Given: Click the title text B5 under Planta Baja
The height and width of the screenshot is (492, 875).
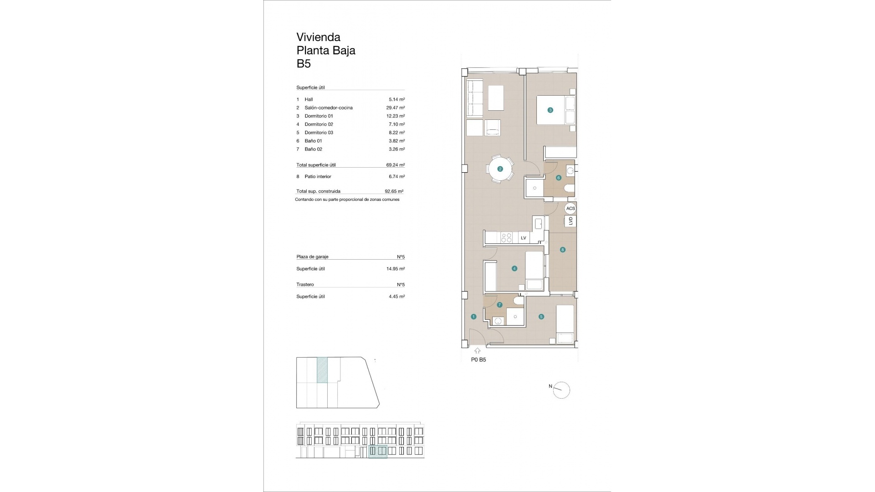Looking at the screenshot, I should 304,64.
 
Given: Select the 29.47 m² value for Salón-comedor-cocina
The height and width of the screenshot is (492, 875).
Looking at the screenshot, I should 395,108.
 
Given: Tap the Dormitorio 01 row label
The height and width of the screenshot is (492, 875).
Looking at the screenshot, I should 319,116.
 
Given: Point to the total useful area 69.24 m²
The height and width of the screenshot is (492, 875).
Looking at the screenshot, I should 395,165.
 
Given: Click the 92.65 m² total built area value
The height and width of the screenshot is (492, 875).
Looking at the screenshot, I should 394,192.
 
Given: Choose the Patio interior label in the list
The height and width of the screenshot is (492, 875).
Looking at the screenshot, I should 318,177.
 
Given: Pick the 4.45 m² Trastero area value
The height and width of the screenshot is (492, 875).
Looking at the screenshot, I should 396,297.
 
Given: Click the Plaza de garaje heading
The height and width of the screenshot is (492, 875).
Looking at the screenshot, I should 312,257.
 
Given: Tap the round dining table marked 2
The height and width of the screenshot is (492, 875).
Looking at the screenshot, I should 500,169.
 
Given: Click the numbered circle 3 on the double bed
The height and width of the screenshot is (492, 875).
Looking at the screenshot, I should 550,110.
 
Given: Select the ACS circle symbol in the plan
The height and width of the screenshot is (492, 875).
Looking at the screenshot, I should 570,209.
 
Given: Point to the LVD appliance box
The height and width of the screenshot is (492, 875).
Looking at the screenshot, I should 570,221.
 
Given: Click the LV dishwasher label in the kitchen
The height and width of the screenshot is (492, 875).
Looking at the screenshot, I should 523,238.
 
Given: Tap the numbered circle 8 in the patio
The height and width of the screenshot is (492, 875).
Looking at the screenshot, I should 563,250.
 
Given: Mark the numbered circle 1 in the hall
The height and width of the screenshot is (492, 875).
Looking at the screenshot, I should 474,317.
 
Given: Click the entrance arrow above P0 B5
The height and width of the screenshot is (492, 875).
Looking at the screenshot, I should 477,351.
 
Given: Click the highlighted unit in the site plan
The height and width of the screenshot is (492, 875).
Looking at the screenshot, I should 322,370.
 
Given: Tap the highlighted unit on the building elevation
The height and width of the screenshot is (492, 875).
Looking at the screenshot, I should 377,451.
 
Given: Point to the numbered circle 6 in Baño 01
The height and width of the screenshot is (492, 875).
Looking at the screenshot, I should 558,178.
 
